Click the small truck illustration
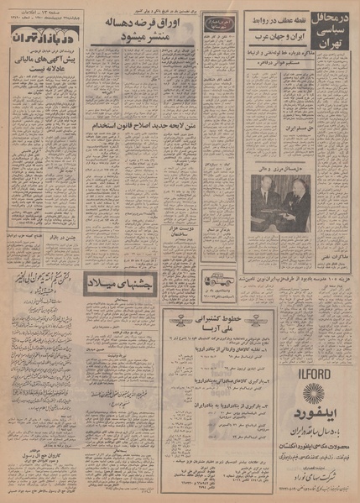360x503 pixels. (220, 275)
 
